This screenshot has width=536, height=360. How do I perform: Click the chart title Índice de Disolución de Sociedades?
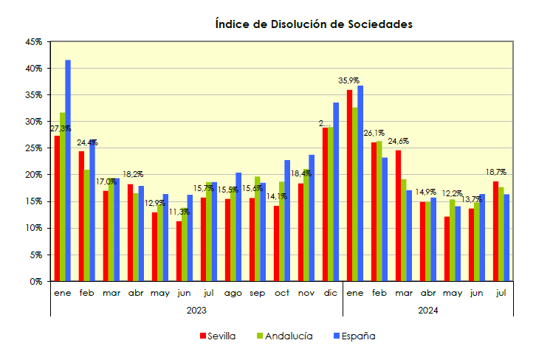tap(313, 24)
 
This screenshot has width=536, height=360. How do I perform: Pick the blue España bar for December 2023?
tap(336, 192)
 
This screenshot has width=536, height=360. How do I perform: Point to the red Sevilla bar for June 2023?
tap(179, 252)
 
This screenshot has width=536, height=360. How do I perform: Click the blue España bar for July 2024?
tap(506, 238)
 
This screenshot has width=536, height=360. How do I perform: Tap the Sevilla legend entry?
tap(218, 336)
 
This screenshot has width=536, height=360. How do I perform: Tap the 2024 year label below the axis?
tap(428, 311)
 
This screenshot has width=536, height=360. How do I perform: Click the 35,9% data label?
tap(348, 80)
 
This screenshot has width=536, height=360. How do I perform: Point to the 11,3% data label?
tap(179, 212)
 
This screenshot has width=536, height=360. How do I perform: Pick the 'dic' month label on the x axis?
tap(330, 293)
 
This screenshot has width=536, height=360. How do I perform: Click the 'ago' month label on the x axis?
tap(233, 293)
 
